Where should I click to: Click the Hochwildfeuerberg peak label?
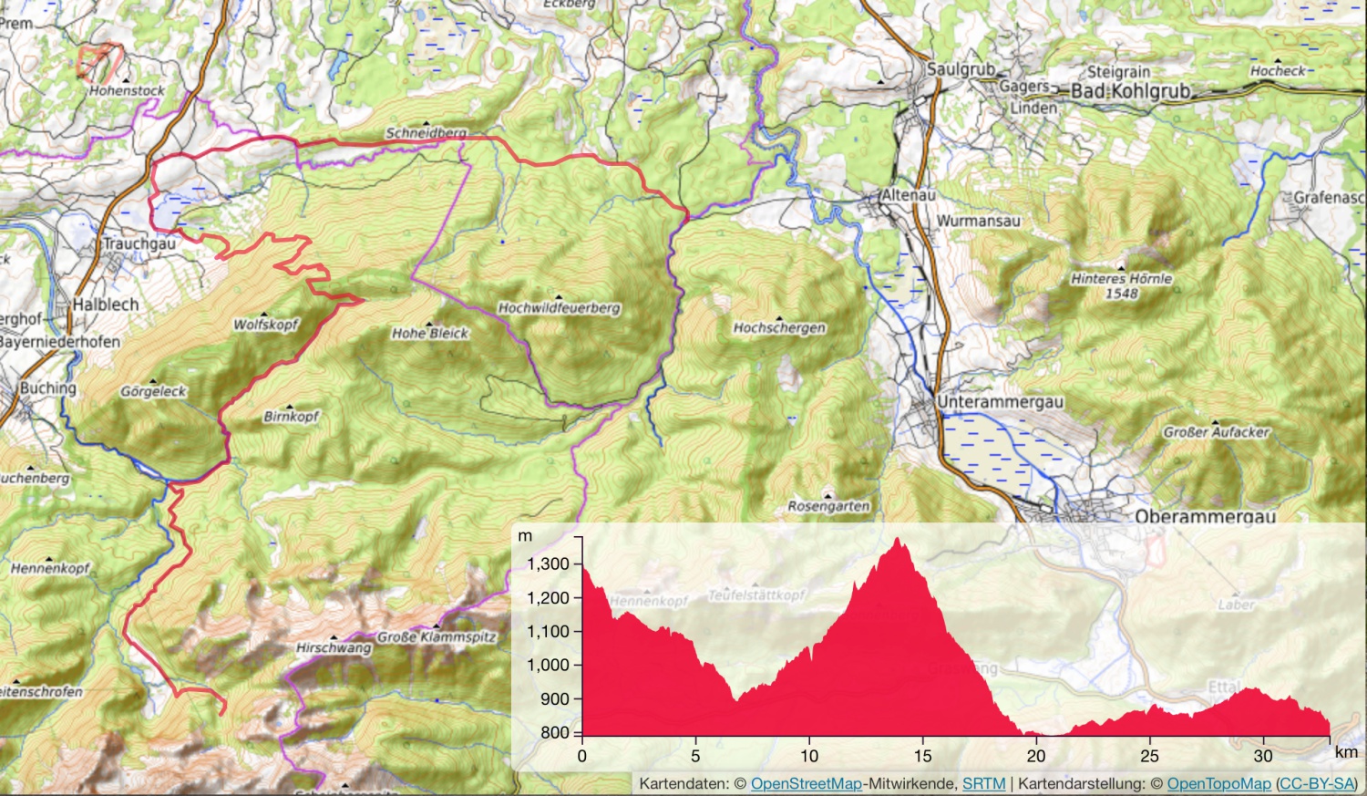[x=559, y=308]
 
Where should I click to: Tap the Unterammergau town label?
[x=1000, y=402]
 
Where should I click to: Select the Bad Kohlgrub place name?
[x=1130, y=91]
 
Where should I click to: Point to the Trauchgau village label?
[x=139, y=244]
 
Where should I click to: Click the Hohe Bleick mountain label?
[x=430, y=334]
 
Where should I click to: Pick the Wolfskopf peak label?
[x=266, y=325]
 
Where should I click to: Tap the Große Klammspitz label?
[x=437, y=637]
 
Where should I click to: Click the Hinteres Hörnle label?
[x=1122, y=279]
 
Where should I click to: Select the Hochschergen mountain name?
[x=779, y=328]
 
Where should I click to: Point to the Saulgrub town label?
[x=961, y=69]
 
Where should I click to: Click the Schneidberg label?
[x=426, y=133]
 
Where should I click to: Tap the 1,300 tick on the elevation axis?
[x=548, y=564]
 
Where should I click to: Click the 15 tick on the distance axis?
[x=923, y=756]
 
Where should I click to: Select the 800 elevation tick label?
[x=553, y=732]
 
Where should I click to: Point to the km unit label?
[x=1346, y=753]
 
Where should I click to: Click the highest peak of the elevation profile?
[x=899, y=539]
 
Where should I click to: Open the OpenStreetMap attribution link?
[x=806, y=783]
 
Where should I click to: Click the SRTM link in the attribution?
[x=983, y=783]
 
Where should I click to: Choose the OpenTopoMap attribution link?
[x=1218, y=783]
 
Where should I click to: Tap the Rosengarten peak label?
[x=828, y=506]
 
